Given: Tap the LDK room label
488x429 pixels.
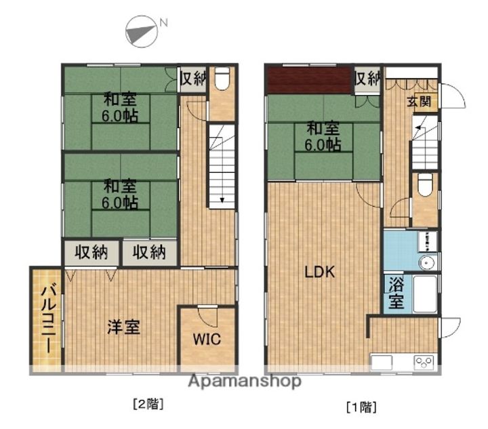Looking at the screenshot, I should point(320,272).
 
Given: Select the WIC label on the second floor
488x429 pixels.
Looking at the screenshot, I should point(207,340).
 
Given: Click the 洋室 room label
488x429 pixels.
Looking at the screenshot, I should point(124,327).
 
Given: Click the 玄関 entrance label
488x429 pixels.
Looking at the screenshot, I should point(418,102).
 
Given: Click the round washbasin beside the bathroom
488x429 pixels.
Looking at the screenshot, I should point(427,262).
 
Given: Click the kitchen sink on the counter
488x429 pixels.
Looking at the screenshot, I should point(382,363).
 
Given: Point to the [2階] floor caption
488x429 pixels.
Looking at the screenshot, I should point(148,405).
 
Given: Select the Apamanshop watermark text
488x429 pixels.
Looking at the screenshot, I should point(245,382).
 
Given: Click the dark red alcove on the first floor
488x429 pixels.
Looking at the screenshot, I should point(309,81).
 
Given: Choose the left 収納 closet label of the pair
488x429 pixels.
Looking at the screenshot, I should point(91,252).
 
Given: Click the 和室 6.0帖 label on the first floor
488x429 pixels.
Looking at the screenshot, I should point(323,136).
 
